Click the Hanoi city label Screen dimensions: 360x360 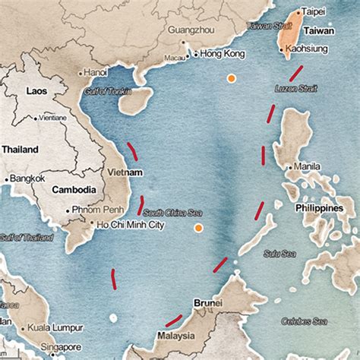(x=95, y=72)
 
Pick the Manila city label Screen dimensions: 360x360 (x=307, y=166)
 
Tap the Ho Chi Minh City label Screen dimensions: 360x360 (x=130, y=225)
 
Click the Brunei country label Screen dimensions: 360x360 (x=207, y=302)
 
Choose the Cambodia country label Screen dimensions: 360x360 (x=74, y=190)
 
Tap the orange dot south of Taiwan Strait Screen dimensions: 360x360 (x=230, y=77)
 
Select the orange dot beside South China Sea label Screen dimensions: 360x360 (x=198, y=227)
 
